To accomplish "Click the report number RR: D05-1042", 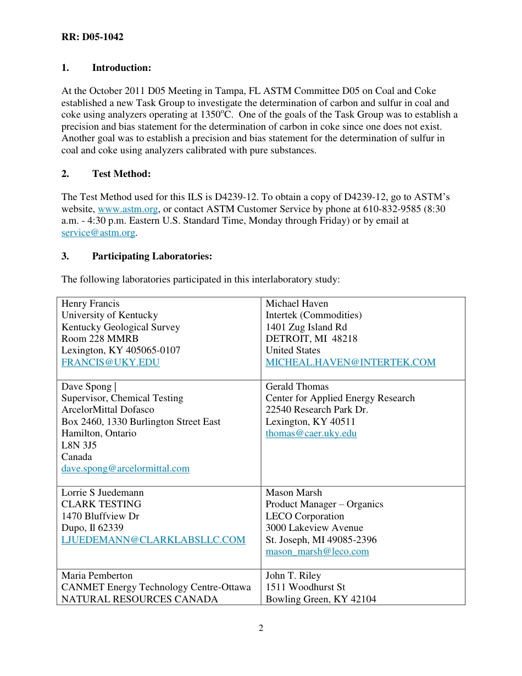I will [92, 37].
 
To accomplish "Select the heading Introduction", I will [121, 68].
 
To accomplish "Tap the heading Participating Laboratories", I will [152, 256].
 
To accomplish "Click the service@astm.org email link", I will [98, 232].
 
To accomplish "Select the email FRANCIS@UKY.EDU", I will [110, 362].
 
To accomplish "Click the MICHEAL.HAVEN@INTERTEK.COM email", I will [350, 362].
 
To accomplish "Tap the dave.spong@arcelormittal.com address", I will [125, 468].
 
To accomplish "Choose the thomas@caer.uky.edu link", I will [311, 433].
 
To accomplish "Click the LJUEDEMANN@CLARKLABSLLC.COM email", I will [153, 540].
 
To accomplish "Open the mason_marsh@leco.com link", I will [317, 551].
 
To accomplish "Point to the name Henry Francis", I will [90, 303].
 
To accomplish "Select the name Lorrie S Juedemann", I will [102, 492].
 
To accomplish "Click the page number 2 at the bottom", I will [261, 628].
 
